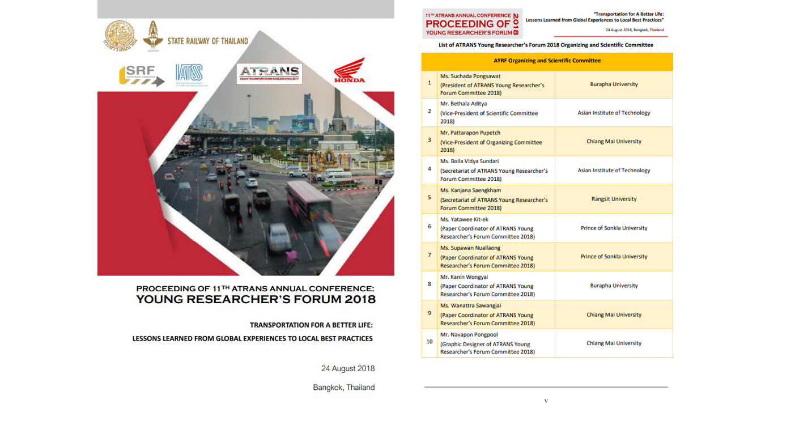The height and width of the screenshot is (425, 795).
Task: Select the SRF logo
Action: [x=142, y=75]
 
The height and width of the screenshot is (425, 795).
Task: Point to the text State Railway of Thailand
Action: [x=207, y=41]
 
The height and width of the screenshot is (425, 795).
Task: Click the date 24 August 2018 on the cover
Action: [x=347, y=368]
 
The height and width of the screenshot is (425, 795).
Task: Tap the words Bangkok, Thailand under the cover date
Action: [x=343, y=388]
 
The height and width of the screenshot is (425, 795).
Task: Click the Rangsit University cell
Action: [x=614, y=199]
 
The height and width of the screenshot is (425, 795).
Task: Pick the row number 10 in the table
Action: [x=429, y=342]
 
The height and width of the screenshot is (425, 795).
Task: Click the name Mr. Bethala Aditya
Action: [x=463, y=104]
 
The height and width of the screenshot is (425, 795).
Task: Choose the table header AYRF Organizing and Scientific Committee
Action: [x=547, y=61]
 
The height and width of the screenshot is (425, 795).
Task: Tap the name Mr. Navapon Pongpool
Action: [x=470, y=334]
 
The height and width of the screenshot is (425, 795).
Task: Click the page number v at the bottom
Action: [x=546, y=401]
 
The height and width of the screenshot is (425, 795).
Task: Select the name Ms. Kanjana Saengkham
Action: [x=470, y=190]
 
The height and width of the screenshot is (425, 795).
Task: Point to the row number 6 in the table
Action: [x=429, y=227]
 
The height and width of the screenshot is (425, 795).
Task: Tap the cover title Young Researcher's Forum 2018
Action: [x=256, y=299]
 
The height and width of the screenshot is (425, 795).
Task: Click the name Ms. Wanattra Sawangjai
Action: [x=470, y=306]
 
